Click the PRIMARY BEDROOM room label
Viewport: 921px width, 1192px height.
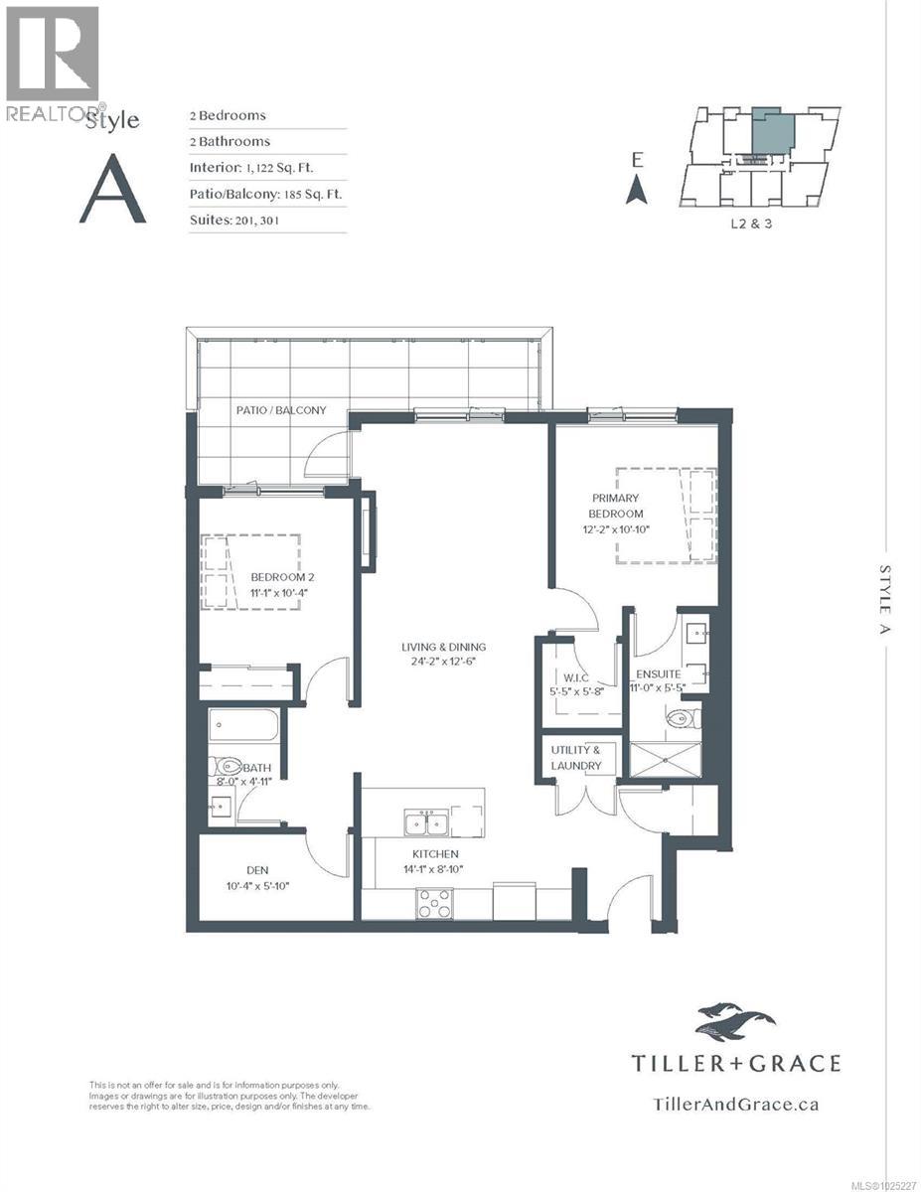click(616, 506)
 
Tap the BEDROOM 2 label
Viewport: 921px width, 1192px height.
click(282, 577)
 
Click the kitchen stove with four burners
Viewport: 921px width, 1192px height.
click(434, 903)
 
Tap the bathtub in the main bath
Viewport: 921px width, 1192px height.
click(244, 725)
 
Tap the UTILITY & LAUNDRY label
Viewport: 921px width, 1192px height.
click(576, 759)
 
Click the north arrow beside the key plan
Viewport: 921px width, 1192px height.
click(637, 189)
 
